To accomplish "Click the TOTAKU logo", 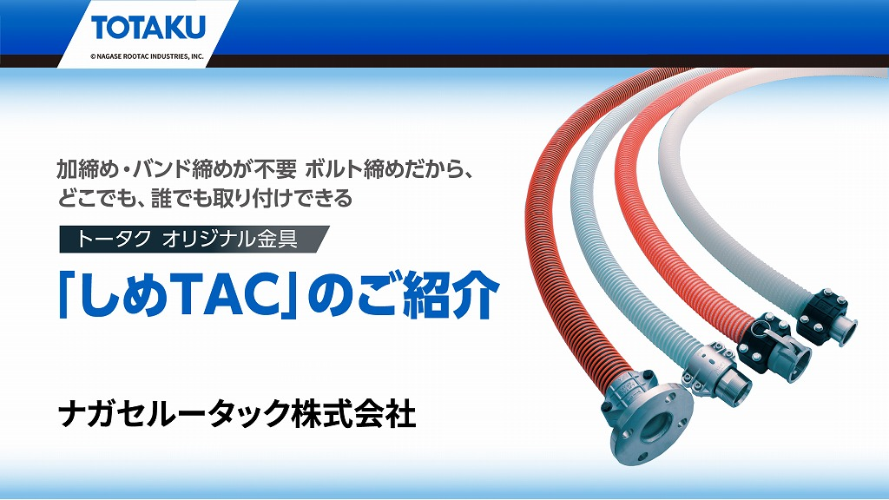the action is click(148, 28).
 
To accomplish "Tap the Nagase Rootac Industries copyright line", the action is click(147, 56).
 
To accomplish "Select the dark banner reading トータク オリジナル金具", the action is click(194, 240).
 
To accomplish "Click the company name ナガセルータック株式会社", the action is click(237, 414).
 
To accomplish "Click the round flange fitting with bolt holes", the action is click(646, 418).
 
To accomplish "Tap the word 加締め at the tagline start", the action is click(88, 169).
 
